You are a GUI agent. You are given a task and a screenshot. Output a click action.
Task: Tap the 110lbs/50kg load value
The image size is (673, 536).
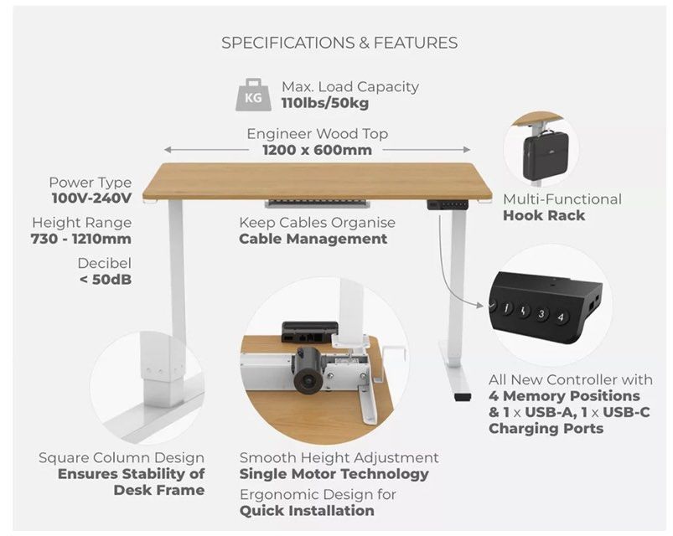pyautogui.click(x=325, y=103)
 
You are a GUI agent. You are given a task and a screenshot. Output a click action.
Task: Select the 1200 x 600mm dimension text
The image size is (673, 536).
pyautogui.click(x=317, y=150)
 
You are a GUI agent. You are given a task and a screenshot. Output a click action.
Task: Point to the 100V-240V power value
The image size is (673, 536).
pyautogui.click(x=91, y=198)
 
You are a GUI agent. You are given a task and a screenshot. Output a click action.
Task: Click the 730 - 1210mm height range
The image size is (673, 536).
pyautogui.click(x=81, y=239)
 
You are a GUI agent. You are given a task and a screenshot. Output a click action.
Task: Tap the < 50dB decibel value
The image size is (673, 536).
pyautogui.click(x=106, y=280)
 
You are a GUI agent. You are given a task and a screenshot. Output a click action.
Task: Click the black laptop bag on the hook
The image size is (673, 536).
pyautogui.click(x=545, y=154)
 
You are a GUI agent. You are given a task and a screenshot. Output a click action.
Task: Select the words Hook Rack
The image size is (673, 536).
pyautogui.click(x=544, y=215)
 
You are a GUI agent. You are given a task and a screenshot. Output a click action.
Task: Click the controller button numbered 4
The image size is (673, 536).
pyautogui.click(x=560, y=317)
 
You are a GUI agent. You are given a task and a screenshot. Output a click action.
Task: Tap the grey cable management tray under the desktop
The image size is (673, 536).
pyautogui.click(x=317, y=203)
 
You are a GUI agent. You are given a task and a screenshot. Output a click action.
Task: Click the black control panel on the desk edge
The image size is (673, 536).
pyautogui.click(x=448, y=204)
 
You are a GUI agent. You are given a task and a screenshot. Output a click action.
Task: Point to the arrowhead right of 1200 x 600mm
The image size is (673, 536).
pyautogui.click(x=467, y=150)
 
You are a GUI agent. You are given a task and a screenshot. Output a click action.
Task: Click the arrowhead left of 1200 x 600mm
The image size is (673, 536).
pyautogui.click(x=168, y=150)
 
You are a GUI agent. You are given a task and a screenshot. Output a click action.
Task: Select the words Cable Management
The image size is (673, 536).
pyautogui.click(x=313, y=239)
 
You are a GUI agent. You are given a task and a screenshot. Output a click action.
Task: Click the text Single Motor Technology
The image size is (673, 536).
pyautogui.click(x=334, y=474)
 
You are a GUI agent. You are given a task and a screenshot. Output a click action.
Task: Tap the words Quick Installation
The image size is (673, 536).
pyautogui.click(x=307, y=511)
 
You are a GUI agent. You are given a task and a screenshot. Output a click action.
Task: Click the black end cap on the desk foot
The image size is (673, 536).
pyautogui.click(x=462, y=398)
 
